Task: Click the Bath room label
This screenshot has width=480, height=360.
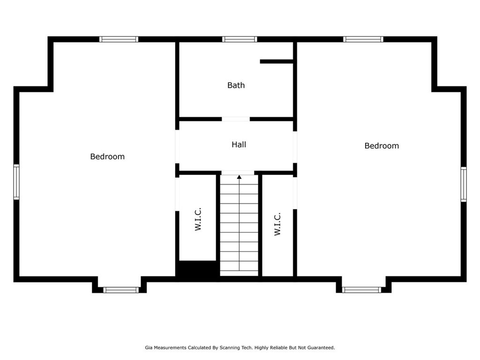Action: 236,85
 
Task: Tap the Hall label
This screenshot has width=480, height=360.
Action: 239,144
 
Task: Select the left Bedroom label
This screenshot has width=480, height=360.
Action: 107,157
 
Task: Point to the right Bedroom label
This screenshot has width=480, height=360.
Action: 382,146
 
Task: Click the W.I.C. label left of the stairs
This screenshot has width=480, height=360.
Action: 198,219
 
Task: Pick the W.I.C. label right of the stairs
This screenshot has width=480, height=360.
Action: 277,224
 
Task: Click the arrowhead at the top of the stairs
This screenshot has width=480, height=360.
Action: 239,177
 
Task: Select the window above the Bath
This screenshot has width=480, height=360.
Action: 240,39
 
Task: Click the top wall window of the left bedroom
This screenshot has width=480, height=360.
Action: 119,39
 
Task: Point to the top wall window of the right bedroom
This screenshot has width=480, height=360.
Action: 363,39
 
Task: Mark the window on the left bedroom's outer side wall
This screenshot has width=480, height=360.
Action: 16,182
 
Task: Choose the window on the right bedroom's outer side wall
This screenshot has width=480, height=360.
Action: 464,184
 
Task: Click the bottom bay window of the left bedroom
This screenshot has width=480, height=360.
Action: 121,290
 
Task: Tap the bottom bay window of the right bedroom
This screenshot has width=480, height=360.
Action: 361,290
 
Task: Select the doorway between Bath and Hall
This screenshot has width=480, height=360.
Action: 236,119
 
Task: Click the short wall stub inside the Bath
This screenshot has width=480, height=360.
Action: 277,61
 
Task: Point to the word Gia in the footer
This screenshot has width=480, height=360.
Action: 149,348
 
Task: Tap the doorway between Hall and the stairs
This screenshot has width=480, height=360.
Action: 238,173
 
